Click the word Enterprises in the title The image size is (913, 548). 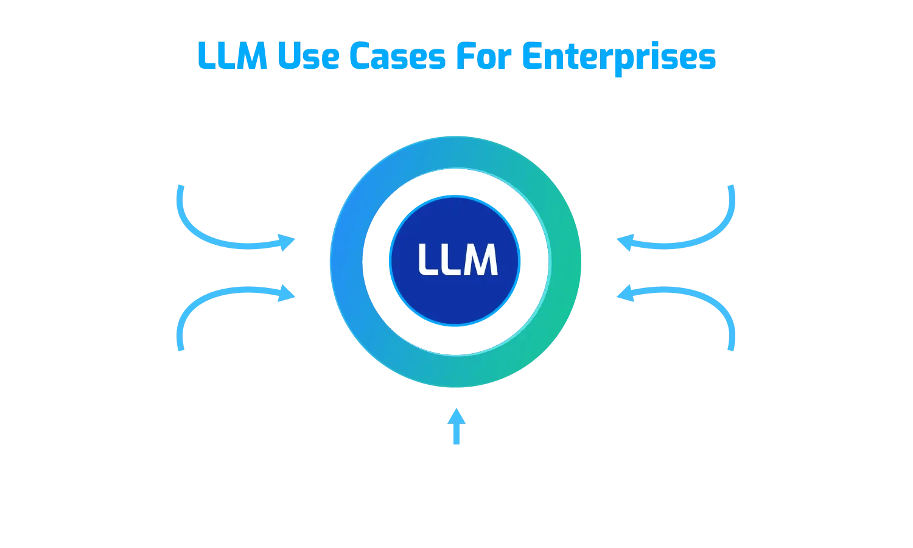(618, 56)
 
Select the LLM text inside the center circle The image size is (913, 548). (457, 260)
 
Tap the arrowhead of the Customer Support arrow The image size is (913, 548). (287, 242)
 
